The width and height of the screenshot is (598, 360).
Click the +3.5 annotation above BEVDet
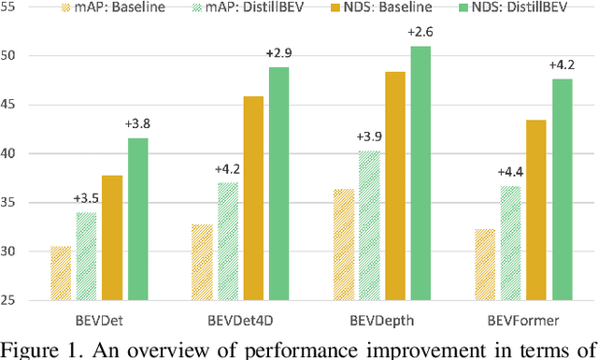point(86,199)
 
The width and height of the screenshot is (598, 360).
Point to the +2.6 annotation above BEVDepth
point(419,33)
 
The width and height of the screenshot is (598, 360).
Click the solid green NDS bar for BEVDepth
point(420,173)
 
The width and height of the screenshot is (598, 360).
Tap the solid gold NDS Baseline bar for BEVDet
point(112,238)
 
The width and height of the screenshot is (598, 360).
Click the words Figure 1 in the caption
point(36,349)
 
